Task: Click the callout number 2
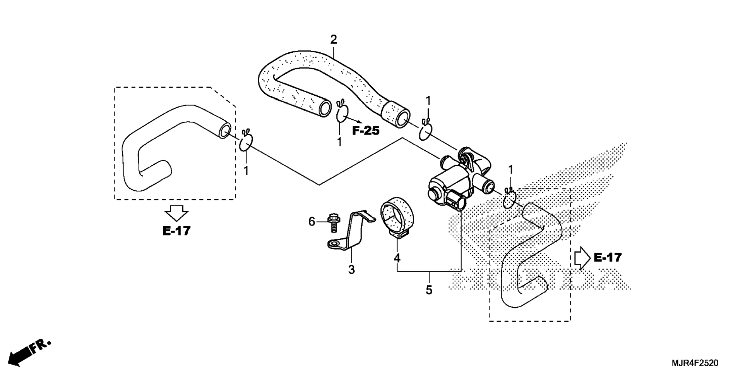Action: tap(334, 40)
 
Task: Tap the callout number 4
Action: tap(397, 258)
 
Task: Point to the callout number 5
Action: tap(429, 290)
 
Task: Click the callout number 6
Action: tap(312, 222)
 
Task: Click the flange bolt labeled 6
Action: tap(333, 222)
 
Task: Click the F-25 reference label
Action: tap(366, 131)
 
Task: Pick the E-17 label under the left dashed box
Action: tap(176, 231)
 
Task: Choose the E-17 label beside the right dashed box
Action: tap(608, 257)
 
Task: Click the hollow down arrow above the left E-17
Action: tap(176, 214)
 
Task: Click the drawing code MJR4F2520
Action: tap(695, 363)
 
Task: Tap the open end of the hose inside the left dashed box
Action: tap(225, 131)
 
